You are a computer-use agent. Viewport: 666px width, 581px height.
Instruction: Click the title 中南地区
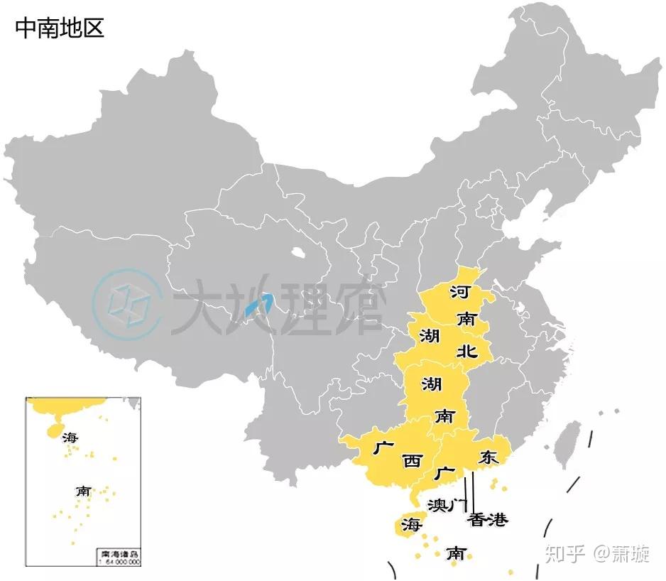pos(60,28)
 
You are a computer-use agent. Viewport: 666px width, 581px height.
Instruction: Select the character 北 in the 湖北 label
pos(466,350)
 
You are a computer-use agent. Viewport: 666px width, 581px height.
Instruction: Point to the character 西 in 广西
pos(411,461)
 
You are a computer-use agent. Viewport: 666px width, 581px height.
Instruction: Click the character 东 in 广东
pos(488,457)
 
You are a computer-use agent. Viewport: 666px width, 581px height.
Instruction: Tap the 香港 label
pos(488,520)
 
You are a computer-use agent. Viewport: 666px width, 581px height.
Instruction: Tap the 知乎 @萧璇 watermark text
pos(597,553)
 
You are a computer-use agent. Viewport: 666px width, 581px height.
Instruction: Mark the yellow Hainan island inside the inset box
pos(54,429)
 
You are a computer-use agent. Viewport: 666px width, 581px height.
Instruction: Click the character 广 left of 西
pos(383,448)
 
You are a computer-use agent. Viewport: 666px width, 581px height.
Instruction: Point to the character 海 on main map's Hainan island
pos(410,526)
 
